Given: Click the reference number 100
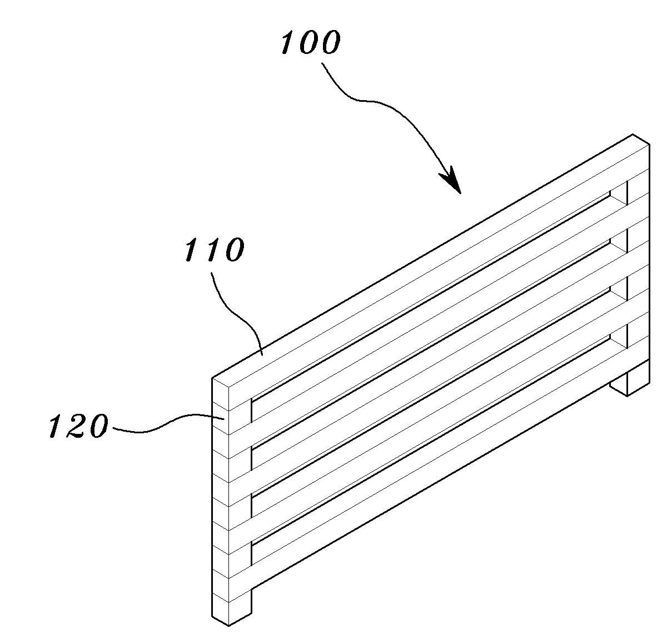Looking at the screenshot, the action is coord(310,42).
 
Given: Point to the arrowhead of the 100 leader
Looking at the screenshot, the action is coord(452,181).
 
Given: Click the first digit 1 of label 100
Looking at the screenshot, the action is coord(288,42).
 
